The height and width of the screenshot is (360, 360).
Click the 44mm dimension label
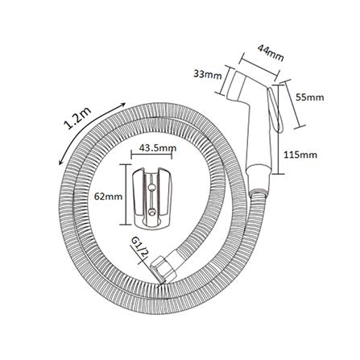tap(271, 52)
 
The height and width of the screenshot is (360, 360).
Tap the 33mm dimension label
tap(208, 75)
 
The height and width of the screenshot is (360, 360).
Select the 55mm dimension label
tap(310, 97)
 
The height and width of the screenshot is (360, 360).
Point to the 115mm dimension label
tap(300, 155)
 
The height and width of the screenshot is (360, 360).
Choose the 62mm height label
tap(108, 197)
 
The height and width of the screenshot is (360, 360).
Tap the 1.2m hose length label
tap(77, 118)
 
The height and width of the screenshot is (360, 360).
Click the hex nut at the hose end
tap(163, 270)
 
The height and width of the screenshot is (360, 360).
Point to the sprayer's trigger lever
tap(275, 110)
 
